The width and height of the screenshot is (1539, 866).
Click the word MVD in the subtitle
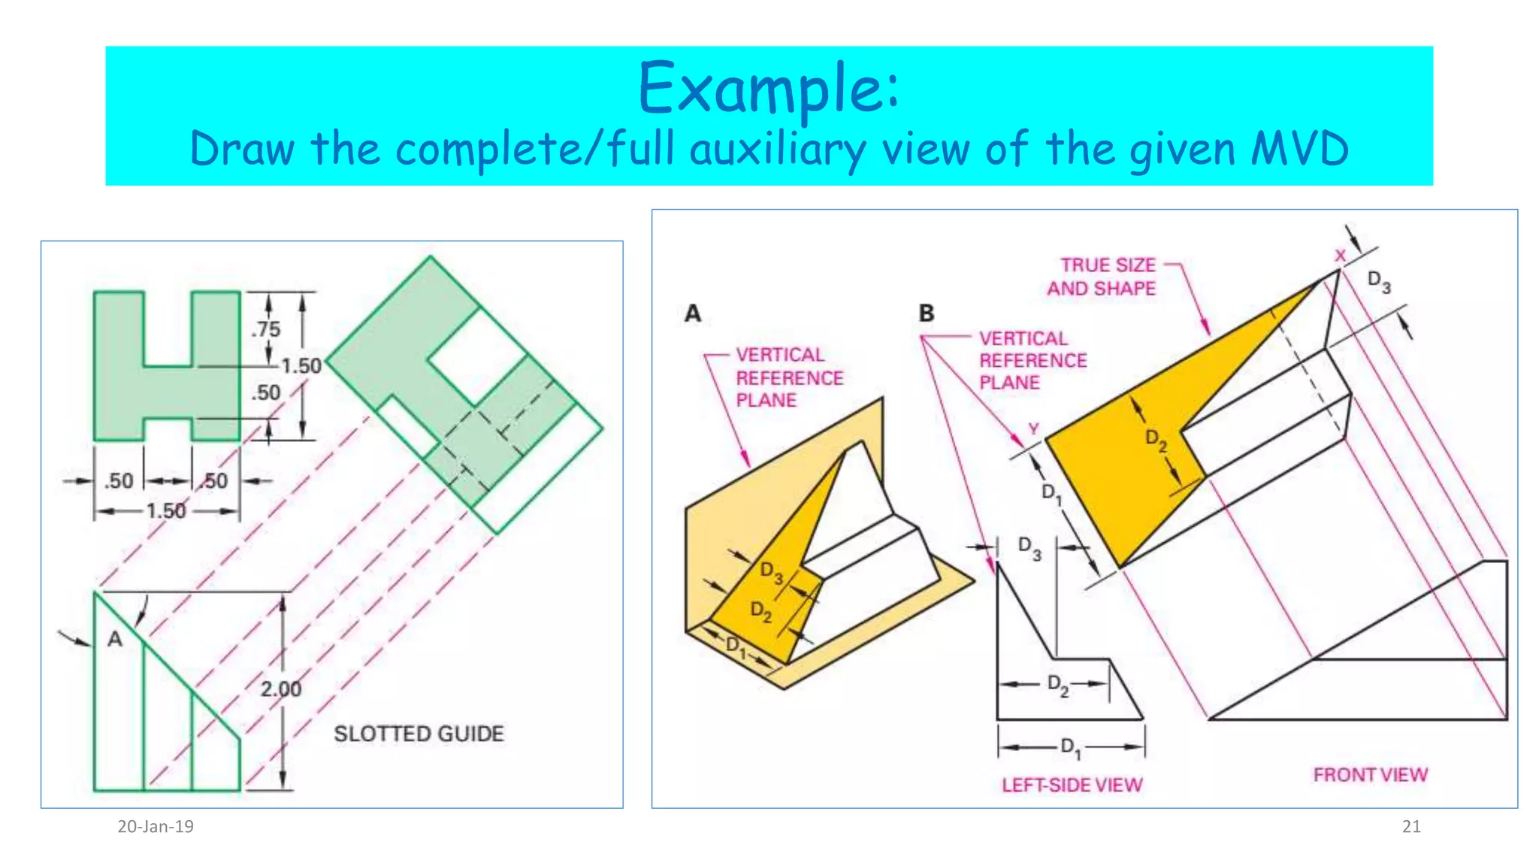click(1299, 148)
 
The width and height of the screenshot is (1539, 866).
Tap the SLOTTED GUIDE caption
click(419, 734)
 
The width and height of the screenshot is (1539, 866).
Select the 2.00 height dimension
click(280, 689)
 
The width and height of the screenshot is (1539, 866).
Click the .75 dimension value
click(265, 329)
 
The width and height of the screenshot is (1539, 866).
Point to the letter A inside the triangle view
click(114, 639)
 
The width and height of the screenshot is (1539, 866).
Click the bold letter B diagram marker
click(927, 313)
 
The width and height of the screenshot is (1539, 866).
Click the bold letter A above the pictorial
click(693, 313)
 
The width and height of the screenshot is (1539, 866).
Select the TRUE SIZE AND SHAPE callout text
click(1102, 277)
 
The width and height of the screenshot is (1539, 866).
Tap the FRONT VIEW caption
click(1370, 774)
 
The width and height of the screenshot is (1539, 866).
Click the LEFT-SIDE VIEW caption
click(1072, 785)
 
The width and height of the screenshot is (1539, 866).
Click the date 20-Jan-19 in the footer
click(156, 827)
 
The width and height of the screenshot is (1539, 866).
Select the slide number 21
click(1411, 827)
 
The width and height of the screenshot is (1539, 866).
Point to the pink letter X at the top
click(1340, 256)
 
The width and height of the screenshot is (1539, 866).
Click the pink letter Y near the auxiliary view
click(1033, 428)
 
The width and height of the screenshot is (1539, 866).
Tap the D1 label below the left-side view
click(1070, 747)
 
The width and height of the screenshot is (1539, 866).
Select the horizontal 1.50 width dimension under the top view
click(165, 511)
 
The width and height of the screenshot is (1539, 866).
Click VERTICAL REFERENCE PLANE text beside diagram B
click(1033, 360)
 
